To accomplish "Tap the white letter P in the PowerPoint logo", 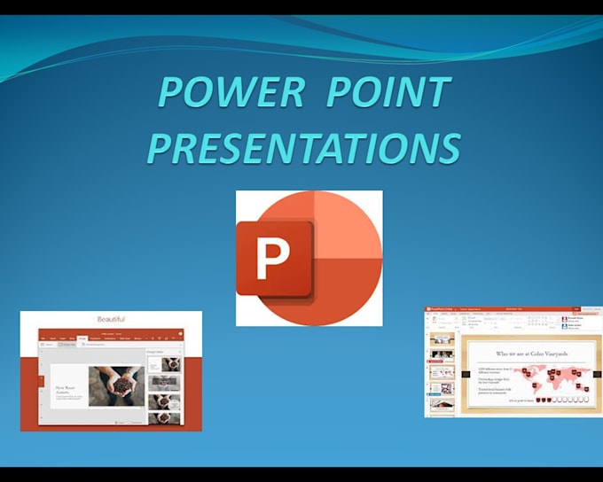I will pyautogui.click(x=272, y=259).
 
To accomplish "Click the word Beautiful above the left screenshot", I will pyautogui.click(x=111, y=319).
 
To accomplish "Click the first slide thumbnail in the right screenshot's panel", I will pyautogui.click(x=441, y=339).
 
